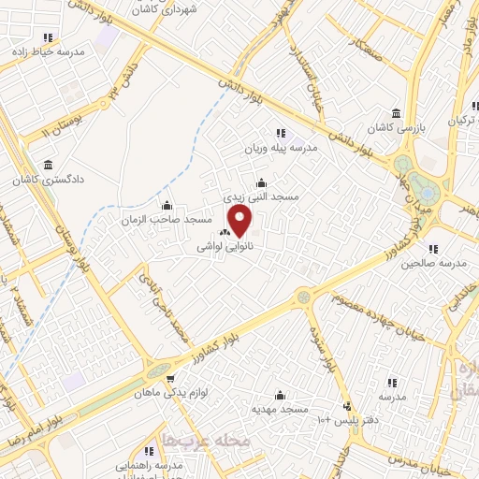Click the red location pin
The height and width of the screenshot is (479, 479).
(x=240, y=223)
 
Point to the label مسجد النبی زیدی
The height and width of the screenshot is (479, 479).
(x=261, y=197)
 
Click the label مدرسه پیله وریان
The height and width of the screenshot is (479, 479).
(x=281, y=148)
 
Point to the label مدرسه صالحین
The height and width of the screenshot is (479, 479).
(x=432, y=264)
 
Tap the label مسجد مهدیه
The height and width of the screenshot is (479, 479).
(x=280, y=409)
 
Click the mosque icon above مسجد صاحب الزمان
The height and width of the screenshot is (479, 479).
(x=167, y=206)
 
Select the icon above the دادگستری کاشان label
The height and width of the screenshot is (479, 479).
(x=46, y=163)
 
